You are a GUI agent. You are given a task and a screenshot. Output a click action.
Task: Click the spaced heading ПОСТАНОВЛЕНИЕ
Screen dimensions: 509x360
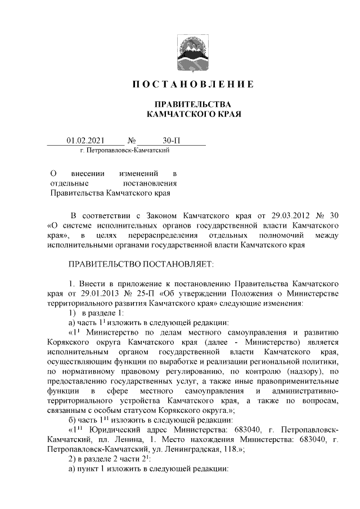pyautogui.click(x=192, y=85)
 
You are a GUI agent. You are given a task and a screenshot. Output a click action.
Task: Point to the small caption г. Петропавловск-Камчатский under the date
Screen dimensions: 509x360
pyautogui.click(x=125, y=150)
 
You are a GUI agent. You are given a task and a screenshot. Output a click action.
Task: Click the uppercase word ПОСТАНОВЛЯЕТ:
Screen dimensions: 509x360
pyautogui.click(x=179, y=264)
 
